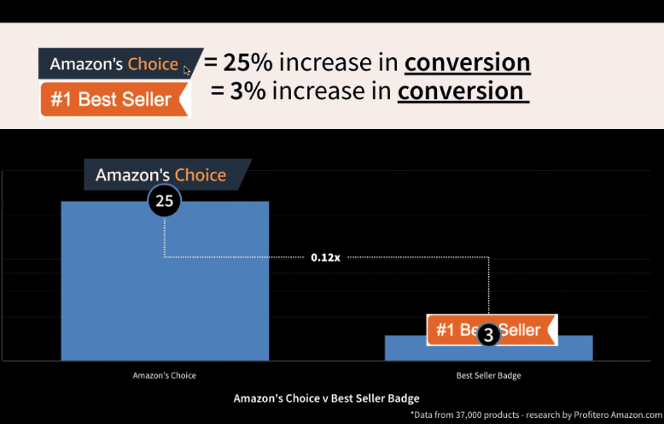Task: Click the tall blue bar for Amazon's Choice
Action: (165, 280)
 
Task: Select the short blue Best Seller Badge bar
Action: (489, 348)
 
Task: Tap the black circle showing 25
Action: (165, 201)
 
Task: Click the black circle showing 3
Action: (489, 334)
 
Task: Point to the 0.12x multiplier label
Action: (325, 257)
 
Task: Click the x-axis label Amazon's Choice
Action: (165, 375)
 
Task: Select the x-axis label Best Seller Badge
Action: (489, 375)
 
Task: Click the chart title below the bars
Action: (327, 398)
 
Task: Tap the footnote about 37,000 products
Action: (536, 415)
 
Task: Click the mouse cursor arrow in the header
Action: (187, 70)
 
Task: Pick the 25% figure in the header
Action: (248, 62)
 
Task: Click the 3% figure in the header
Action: (248, 91)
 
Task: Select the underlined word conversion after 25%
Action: (468, 63)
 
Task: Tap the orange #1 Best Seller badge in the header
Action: (114, 99)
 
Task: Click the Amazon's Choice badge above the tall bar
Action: (167, 174)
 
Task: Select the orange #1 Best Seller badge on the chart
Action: (492, 329)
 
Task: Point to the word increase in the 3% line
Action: (332, 91)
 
